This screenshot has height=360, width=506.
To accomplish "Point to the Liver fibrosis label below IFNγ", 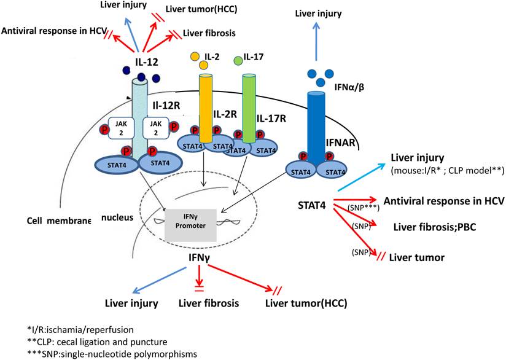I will [x=208, y=303].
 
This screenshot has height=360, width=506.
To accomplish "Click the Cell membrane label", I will [x=59, y=220].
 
